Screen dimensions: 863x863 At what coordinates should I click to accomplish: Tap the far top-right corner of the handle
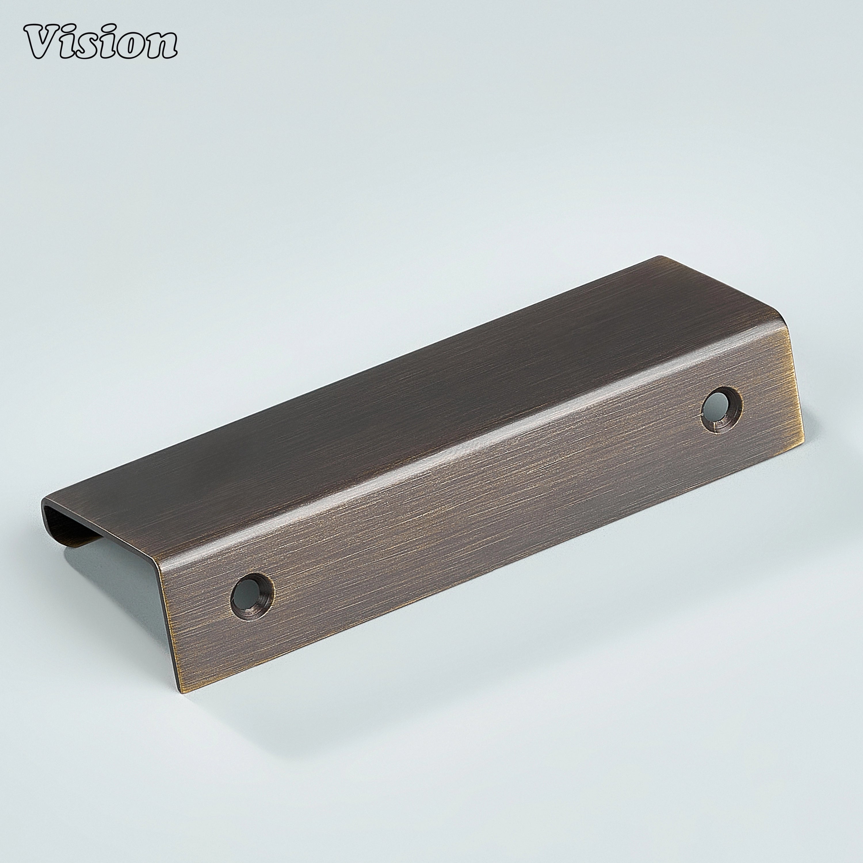click(x=660, y=257)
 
